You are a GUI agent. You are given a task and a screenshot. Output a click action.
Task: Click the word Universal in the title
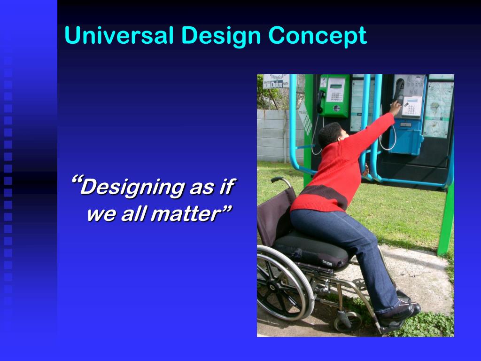point(119,36)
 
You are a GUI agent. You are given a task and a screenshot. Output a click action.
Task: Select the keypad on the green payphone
point(335,96)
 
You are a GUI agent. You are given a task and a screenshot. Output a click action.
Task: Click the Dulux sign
point(276,83)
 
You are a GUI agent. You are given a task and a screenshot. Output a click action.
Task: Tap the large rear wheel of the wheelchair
point(282,282)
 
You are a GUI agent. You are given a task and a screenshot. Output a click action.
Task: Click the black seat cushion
point(310,248)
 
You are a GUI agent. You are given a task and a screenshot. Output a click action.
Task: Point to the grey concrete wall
point(277,136)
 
